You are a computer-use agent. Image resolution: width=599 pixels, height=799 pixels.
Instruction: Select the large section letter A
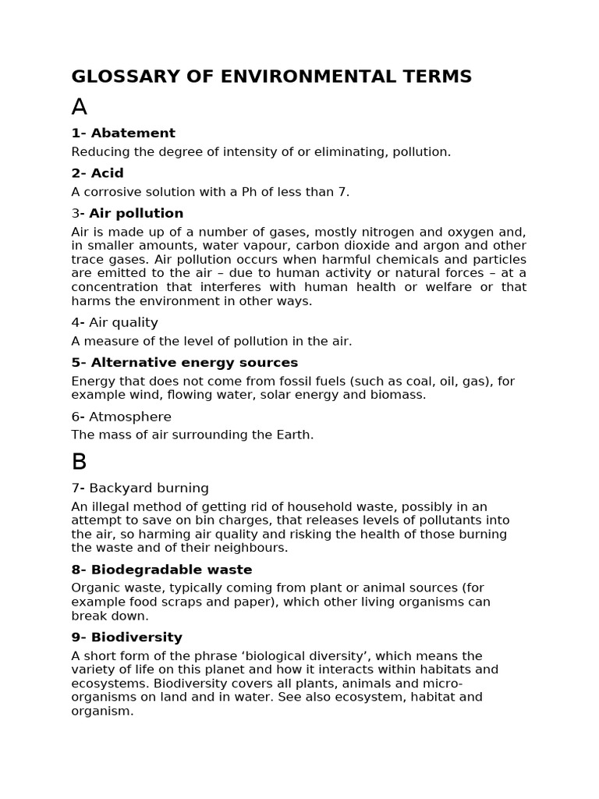tap(79, 107)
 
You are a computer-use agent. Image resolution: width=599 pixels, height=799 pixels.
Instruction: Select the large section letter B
tap(79, 462)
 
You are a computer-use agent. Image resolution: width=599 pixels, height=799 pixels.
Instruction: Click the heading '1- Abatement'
tap(123, 133)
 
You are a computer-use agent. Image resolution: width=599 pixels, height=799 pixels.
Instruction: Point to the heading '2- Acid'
tap(97, 173)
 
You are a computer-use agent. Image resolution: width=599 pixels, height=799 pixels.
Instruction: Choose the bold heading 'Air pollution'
tap(136, 214)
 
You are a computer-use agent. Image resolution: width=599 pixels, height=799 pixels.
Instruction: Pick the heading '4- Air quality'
tap(115, 323)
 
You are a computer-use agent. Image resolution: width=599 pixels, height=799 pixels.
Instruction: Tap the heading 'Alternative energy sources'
tap(194, 363)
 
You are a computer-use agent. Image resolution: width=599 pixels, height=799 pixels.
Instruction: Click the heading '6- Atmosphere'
tap(121, 417)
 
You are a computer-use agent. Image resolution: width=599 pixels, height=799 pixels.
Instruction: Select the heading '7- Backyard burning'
tap(140, 488)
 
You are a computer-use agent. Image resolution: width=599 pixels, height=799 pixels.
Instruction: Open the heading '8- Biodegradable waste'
tap(161, 570)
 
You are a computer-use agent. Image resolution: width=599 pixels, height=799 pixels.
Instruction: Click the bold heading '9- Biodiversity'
tap(126, 637)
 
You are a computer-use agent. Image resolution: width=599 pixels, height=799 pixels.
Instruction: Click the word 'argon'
tap(446, 246)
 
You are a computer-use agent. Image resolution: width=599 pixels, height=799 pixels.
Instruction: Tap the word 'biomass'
tap(400, 395)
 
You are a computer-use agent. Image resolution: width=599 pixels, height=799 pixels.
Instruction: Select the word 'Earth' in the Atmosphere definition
tap(292, 435)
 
